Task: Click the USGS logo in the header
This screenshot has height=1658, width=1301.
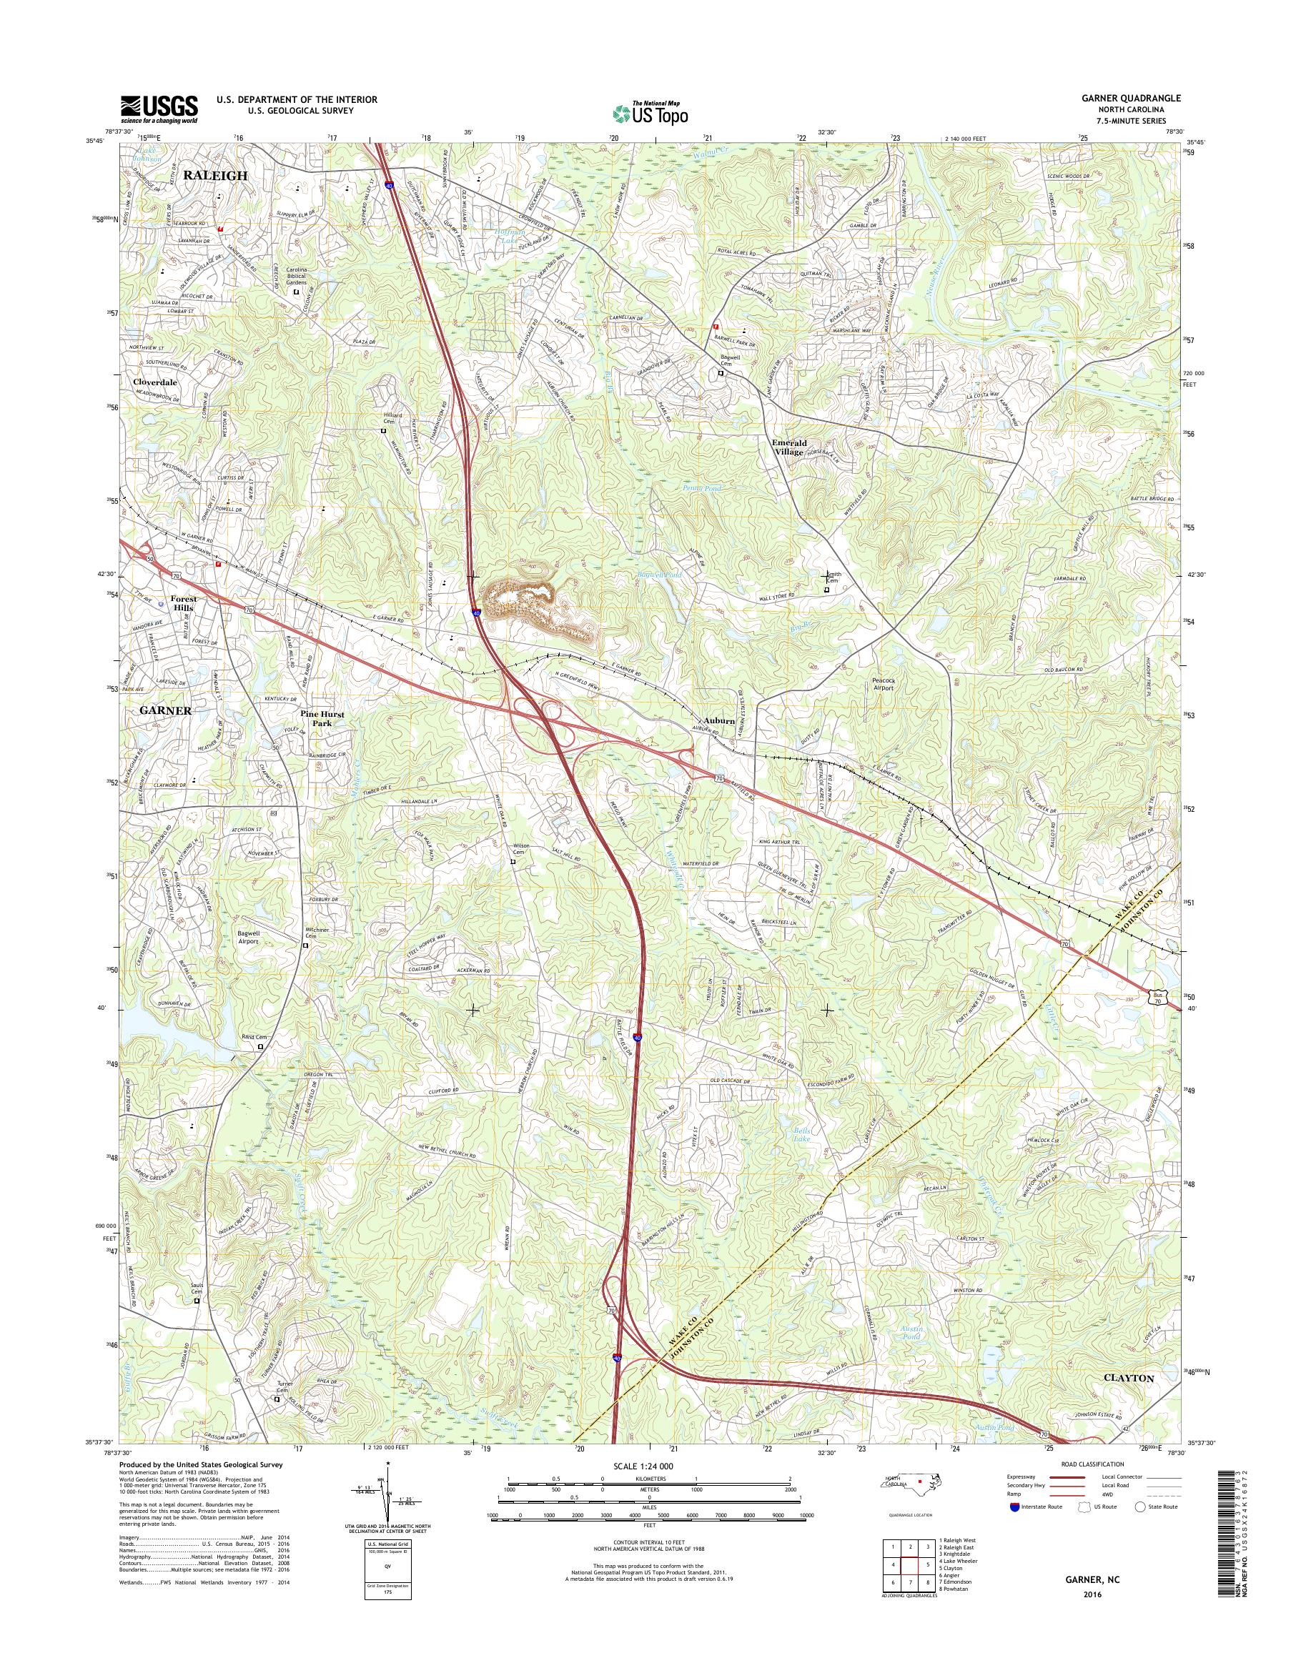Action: [159, 109]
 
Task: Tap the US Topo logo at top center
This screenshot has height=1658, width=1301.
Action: [650, 114]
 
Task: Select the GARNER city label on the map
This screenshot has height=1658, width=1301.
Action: [164, 710]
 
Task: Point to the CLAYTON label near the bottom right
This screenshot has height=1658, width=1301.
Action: [1128, 1379]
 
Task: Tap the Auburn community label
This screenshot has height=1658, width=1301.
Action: [719, 720]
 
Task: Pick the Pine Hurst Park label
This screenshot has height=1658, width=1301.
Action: [322, 719]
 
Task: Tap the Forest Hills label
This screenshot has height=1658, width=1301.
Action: [183, 603]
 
